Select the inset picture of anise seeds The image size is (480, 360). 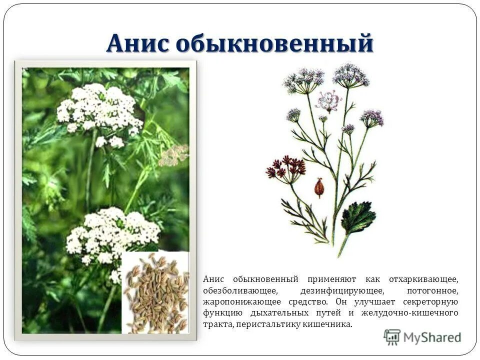pyautogui.click(x=156, y=292)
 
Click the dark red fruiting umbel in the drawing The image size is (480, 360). pyautogui.click(x=286, y=168)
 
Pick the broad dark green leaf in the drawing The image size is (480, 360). pyautogui.click(x=357, y=216)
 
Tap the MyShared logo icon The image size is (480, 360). pyautogui.click(x=392, y=337)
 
